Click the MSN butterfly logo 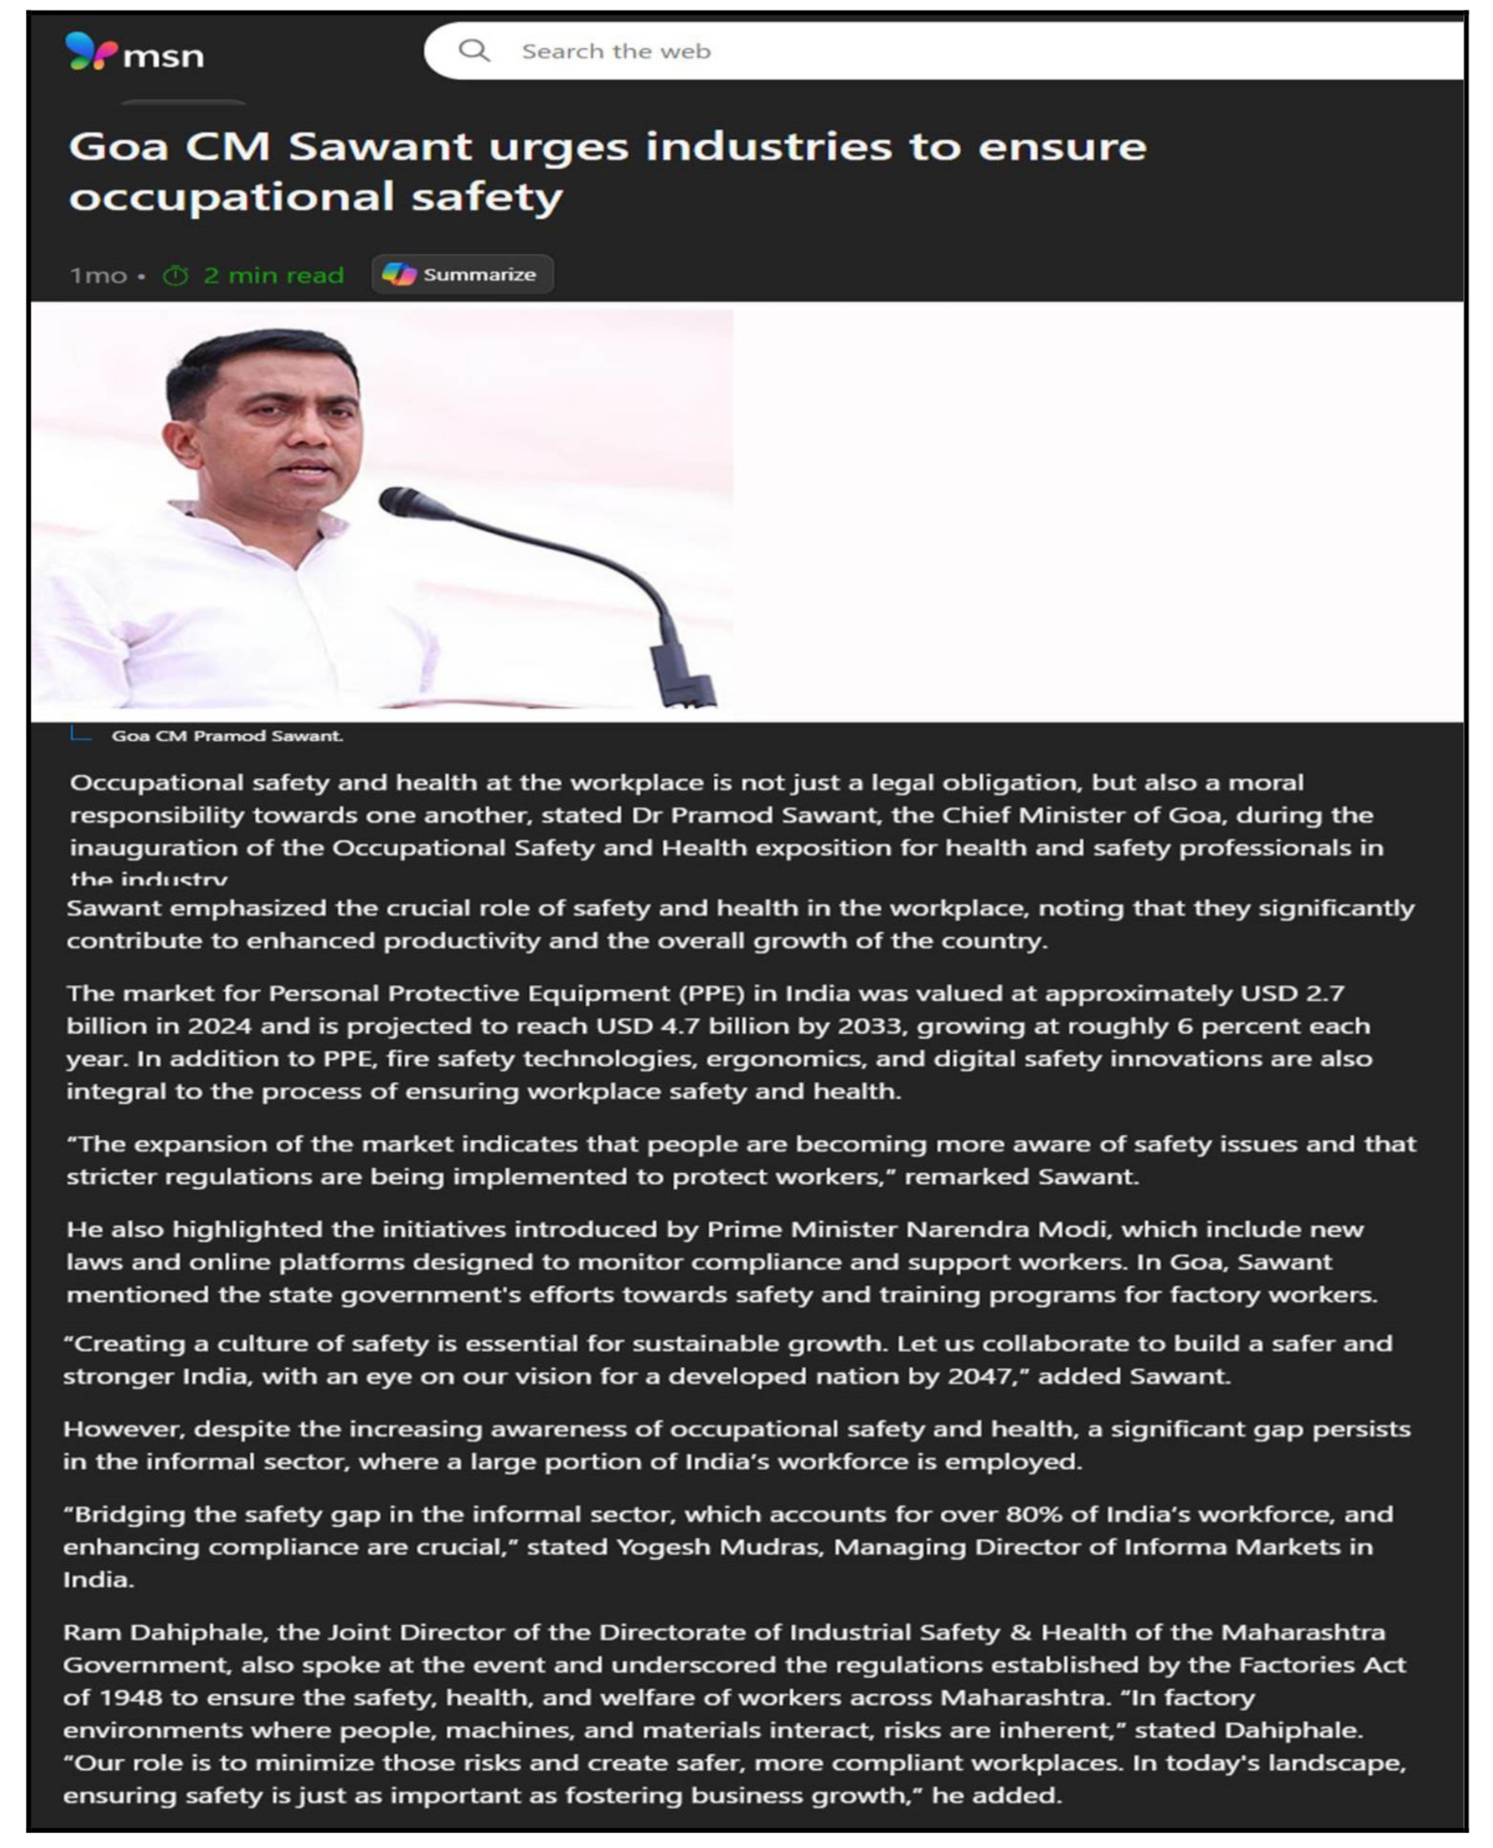pyautogui.click(x=90, y=52)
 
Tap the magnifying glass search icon pyautogui.click(x=473, y=51)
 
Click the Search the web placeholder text pyautogui.click(x=616, y=52)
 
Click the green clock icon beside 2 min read pyautogui.click(x=176, y=276)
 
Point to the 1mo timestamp pyautogui.click(x=98, y=276)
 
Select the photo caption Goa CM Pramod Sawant pyautogui.click(x=227, y=736)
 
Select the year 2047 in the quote pyautogui.click(x=978, y=1376)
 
